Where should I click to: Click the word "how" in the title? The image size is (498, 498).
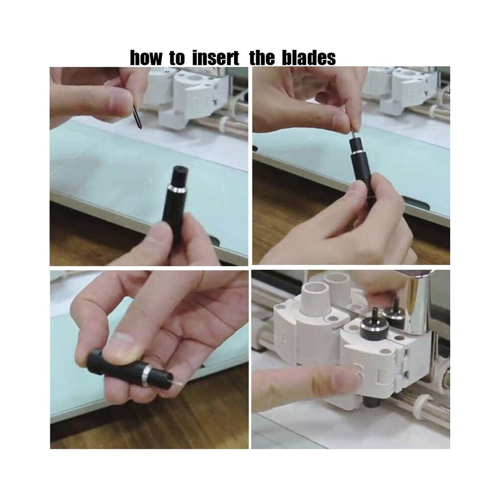(145, 58)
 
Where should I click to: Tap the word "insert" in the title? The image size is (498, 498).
(216, 58)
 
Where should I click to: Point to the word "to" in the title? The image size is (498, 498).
(177, 58)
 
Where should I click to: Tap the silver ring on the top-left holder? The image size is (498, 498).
(177, 190)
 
